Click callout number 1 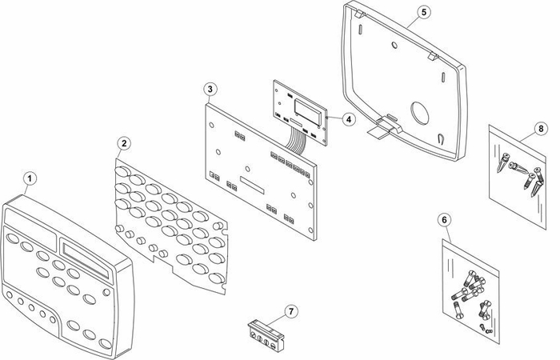tap(30, 178)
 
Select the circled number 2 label tap(124, 143)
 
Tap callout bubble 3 tap(210, 90)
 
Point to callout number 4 tap(349, 119)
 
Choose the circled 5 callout tap(423, 12)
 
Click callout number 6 tap(444, 220)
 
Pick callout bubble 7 tap(291, 312)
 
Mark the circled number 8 tap(541, 128)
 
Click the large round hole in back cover tap(419, 113)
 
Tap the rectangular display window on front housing tap(86, 259)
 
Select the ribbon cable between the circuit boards tap(296, 141)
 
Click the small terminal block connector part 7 tap(266, 335)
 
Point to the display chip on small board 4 tap(308, 113)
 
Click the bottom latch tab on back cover tap(386, 126)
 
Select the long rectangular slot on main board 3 tap(252, 185)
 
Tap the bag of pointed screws tap(517, 177)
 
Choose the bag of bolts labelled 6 tap(470, 291)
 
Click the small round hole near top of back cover tap(394, 46)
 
